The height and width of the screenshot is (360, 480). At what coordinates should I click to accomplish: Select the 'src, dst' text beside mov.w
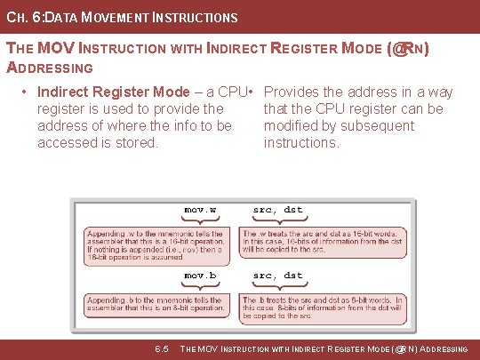277,210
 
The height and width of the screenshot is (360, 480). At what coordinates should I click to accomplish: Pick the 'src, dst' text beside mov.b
277,276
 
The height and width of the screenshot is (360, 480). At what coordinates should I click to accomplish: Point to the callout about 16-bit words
324,242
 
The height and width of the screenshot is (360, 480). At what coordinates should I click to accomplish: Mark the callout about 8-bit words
324,308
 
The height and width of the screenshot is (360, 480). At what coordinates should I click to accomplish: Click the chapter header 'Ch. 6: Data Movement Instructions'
122,17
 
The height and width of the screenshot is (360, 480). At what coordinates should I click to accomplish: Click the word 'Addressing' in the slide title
50,68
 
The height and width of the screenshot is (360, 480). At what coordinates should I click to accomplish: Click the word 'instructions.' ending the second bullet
301,142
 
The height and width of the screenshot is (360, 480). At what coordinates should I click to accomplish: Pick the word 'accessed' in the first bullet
65,142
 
